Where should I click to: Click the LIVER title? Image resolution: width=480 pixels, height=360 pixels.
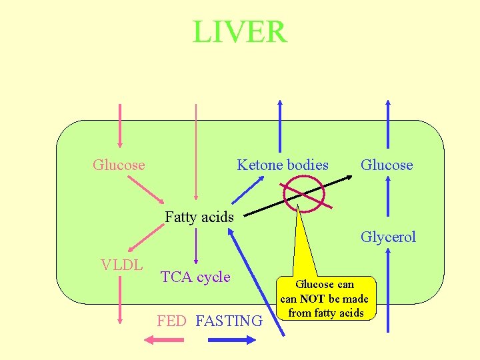coord(240,31)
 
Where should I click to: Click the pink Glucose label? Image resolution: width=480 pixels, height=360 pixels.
coord(119,165)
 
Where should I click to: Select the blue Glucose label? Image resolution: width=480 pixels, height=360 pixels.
coord(387,165)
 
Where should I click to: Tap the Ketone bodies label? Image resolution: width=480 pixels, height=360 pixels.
coord(283,165)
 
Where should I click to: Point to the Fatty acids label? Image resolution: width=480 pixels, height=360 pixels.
coord(199,217)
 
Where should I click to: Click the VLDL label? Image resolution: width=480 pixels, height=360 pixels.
coord(122,265)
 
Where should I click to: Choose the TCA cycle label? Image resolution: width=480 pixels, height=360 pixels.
coord(195,277)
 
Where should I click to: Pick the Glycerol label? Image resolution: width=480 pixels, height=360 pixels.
coord(388,237)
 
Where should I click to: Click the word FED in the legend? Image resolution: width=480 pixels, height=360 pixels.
coord(171,321)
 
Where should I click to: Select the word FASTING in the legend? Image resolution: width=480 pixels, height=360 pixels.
coord(229,321)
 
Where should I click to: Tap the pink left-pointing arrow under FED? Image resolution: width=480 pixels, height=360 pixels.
coord(164,340)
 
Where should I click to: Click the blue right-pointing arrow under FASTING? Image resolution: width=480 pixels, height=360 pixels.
coord(232,340)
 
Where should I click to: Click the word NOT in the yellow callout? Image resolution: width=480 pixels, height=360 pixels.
coord(312,299)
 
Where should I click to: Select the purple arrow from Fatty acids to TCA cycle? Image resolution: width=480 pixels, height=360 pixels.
coord(196,246)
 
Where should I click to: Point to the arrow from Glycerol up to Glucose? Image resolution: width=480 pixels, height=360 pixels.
coord(388,196)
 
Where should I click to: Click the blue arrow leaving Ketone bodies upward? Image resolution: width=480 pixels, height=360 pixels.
coord(280,126)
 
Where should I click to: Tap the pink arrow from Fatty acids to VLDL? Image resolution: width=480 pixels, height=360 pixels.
coord(146,238)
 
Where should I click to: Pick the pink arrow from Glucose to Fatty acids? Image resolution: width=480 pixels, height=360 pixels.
coord(146,190)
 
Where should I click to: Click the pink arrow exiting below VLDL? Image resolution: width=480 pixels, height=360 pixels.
coord(120,300)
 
